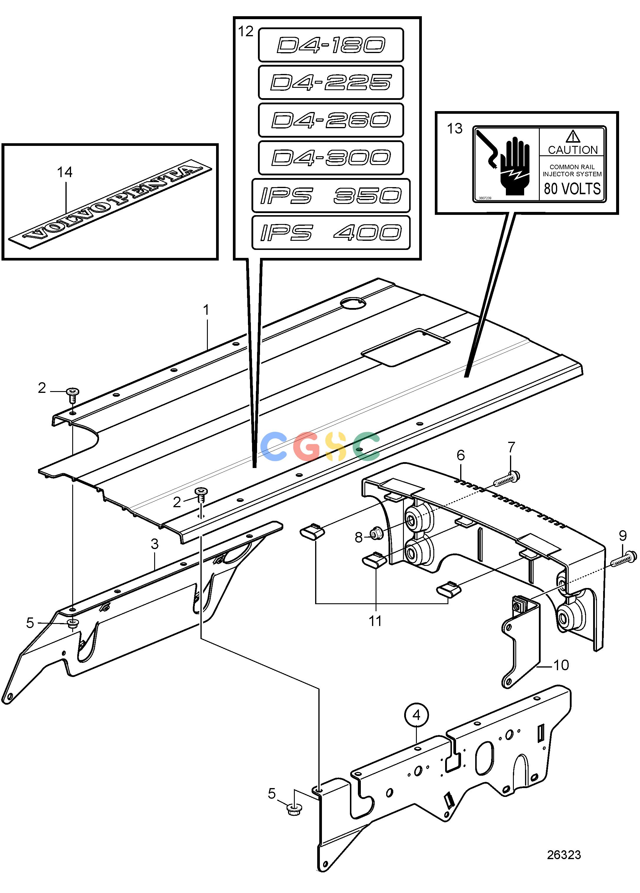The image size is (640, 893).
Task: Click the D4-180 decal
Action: (331, 45)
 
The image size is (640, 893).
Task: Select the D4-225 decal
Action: (331, 82)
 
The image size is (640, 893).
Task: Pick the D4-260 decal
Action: (331, 120)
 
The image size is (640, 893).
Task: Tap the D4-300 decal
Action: (331, 157)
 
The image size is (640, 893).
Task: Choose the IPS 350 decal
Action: (331, 195)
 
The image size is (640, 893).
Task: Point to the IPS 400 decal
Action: (331, 232)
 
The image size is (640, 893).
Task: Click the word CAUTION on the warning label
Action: (573, 150)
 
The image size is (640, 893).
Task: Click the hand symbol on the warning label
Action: (515, 166)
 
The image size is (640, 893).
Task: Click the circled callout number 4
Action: (416, 715)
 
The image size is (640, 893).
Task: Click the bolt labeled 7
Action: (506, 479)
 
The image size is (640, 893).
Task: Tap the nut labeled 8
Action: (373, 534)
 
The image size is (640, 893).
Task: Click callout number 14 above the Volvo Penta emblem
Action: (65, 172)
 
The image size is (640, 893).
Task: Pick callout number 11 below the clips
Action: (375, 621)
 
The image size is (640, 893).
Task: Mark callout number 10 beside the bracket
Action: (561, 665)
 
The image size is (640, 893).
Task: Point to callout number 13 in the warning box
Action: (455, 128)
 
